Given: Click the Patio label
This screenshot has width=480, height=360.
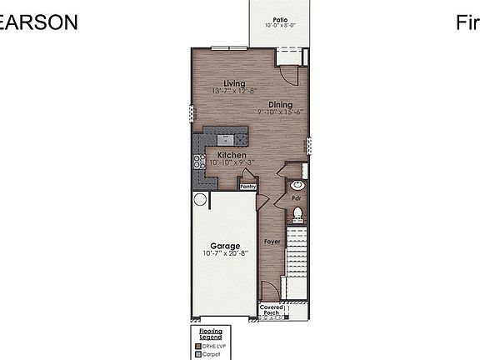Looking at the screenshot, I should coord(279,18).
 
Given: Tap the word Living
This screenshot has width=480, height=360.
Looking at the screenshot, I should coord(234,82).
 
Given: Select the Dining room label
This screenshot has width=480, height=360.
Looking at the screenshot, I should coord(280,104).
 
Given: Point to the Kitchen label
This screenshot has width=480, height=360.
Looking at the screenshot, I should coord(232,155).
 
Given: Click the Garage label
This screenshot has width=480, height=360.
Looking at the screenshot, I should coord(225,246).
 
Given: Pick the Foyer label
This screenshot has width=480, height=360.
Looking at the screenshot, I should coord(272,242).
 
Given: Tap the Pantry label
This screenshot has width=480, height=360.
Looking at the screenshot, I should coord(248,187).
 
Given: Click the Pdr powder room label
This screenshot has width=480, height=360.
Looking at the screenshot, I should coord(296,198).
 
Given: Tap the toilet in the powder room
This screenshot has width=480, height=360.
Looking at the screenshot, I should coord(297,215).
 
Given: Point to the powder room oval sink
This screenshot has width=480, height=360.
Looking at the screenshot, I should coord(298,184).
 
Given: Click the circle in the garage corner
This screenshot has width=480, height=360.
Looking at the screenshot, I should coord(200,199).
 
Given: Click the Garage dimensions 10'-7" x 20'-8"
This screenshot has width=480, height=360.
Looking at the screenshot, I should coord(225,254).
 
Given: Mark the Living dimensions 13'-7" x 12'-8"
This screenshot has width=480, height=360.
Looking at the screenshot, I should coord(234,91).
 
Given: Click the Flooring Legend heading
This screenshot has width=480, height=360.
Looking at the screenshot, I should coord(209,333).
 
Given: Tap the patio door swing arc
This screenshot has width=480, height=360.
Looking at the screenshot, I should coord(288,74).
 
